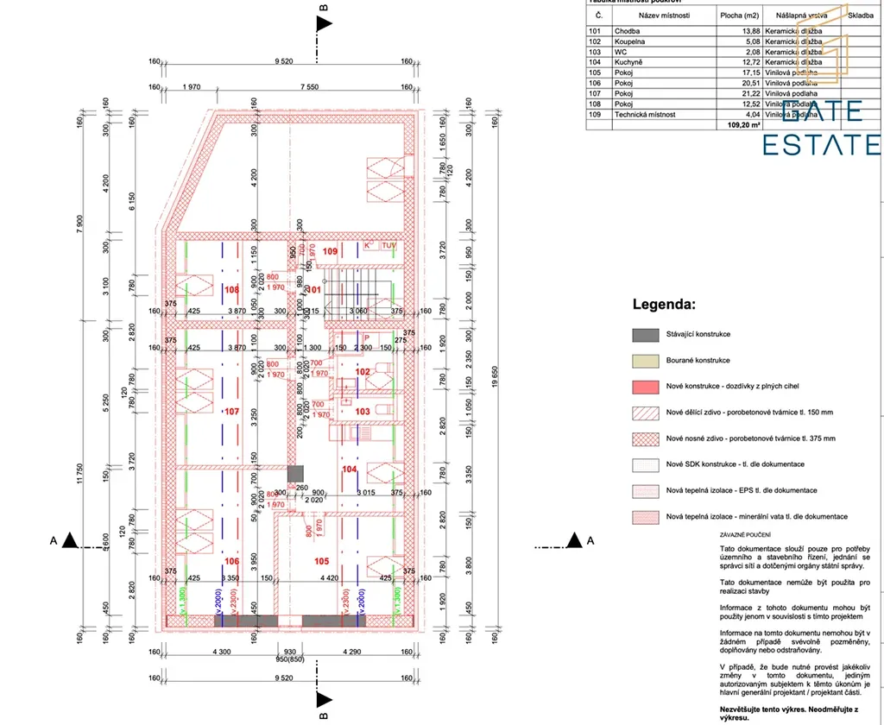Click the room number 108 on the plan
click(x=231, y=290)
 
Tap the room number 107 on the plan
click(x=231, y=412)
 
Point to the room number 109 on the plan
click(x=331, y=251)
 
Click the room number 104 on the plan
click(x=350, y=470)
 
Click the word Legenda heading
click(x=664, y=305)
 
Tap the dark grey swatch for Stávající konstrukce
click(x=645, y=334)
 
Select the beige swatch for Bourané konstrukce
click(x=645, y=360)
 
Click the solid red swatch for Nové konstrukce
click(x=645, y=386)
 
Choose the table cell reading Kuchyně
click(x=628, y=62)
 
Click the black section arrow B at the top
click(x=324, y=23)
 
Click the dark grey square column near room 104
click(x=296, y=473)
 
